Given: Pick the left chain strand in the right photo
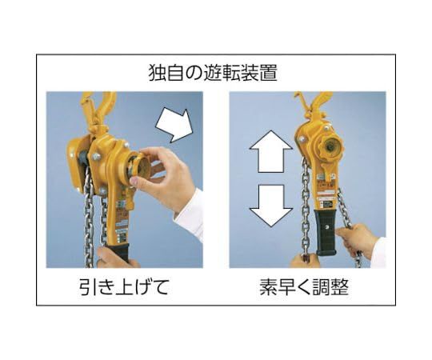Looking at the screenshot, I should [305, 208].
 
